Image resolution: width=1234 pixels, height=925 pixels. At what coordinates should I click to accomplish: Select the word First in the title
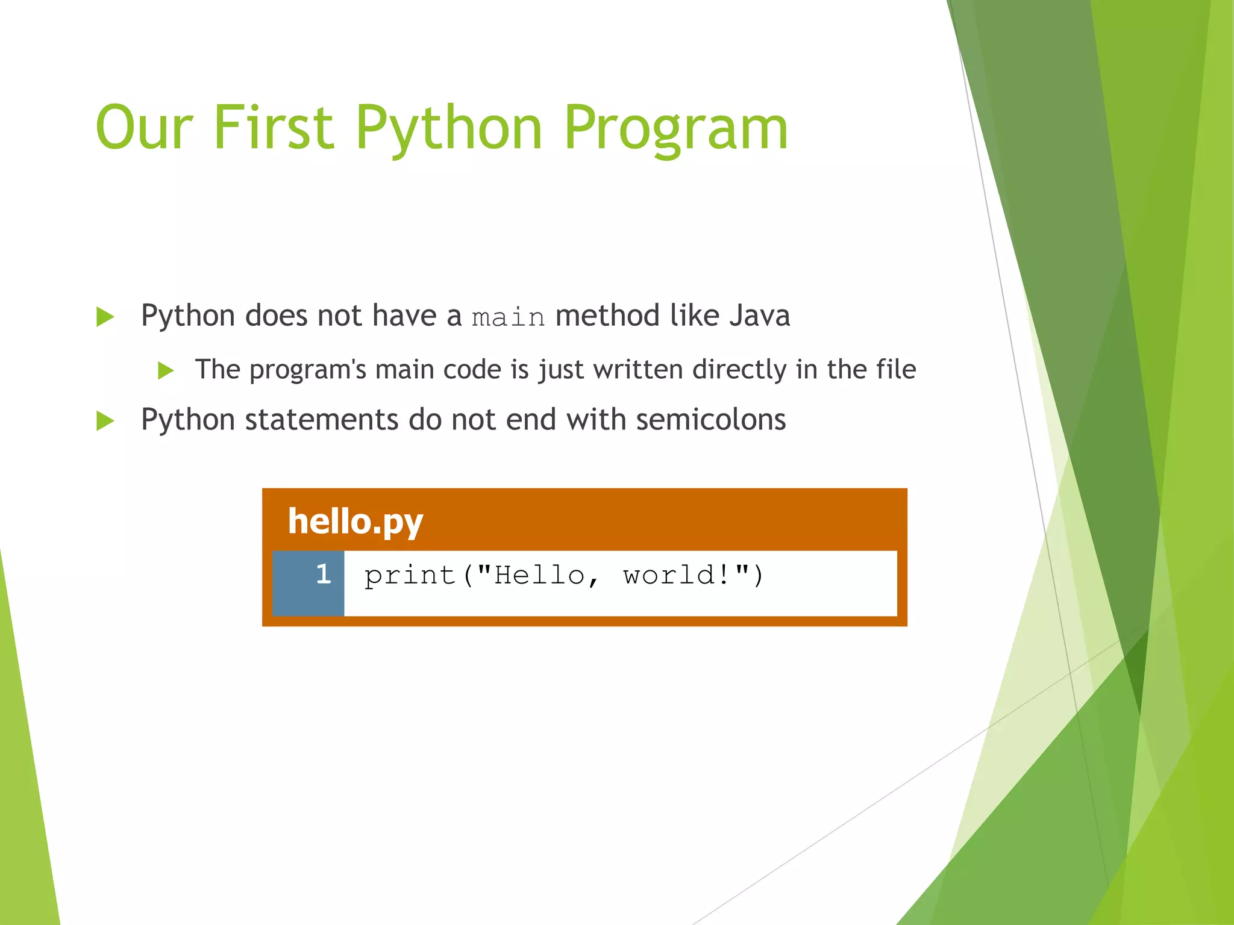274,128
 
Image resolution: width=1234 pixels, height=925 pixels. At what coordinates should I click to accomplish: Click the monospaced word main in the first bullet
508,317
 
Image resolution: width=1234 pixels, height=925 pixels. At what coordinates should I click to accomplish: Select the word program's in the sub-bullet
307,370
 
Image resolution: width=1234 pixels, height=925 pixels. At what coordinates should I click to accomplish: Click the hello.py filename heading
355,522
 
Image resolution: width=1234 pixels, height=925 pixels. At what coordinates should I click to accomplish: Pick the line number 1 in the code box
324,574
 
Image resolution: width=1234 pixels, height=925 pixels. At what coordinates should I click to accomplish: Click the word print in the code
410,575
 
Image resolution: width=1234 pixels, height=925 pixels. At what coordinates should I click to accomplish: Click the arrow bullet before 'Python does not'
105,317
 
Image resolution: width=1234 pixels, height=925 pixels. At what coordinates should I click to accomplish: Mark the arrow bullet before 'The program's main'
166,370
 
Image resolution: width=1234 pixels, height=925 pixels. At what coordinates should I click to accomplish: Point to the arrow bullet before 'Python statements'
105,421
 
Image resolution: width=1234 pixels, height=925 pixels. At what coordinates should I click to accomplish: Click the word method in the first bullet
607,316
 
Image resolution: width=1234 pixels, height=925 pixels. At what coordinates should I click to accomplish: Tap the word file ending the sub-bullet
896,369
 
